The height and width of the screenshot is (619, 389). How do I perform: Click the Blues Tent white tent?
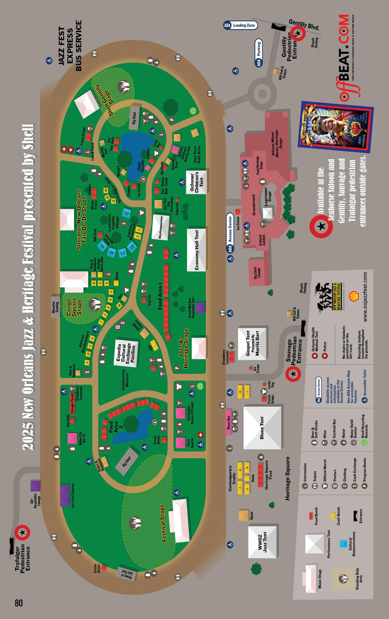262,428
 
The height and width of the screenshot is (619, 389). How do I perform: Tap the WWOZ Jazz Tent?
263,542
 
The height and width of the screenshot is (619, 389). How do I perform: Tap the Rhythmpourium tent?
161,227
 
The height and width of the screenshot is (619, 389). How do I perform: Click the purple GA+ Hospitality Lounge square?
35,485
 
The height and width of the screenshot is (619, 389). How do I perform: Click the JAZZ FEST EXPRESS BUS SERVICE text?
70,46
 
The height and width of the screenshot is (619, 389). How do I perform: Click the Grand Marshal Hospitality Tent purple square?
200,308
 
